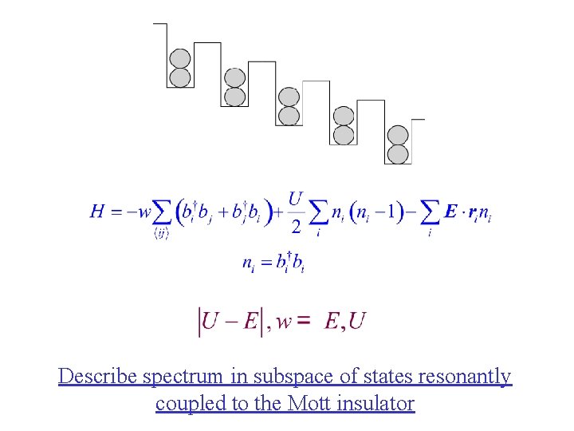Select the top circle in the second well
pyautogui.click(x=234, y=78)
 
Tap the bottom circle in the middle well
pyautogui.click(x=289, y=116)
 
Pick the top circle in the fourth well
pyautogui.click(x=344, y=117)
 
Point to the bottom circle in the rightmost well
pyautogui.click(x=397, y=154)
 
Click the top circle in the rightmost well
pyautogui.click(x=397, y=136)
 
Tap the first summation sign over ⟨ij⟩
pyautogui.click(x=161, y=212)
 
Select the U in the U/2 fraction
pyautogui.click(x=296, y=197)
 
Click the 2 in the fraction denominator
pyautogui.click(x=296, y=227)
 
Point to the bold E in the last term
pyautogui.click(x=451, y=212)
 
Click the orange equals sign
pyautogui.click(x=304, y=322)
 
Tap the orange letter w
pyautogui.click(x=283, y=322)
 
